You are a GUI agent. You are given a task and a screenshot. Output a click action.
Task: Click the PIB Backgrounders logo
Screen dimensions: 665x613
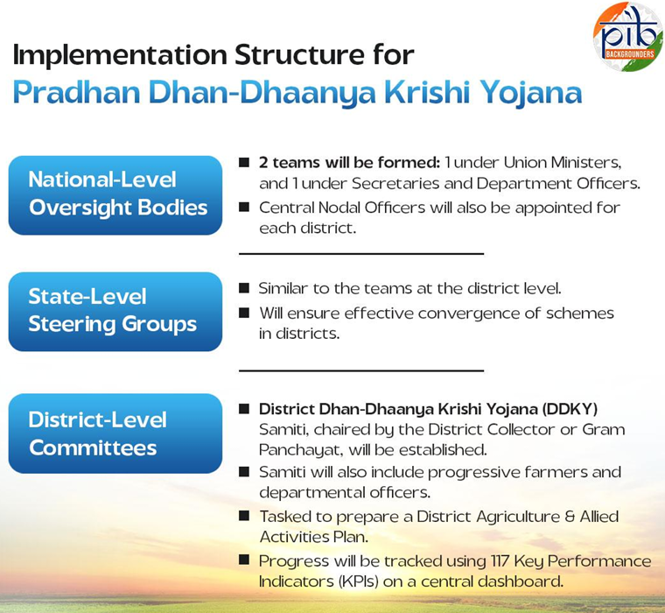point(628,37)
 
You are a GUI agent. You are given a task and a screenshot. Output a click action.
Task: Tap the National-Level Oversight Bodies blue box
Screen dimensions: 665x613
point(115,195)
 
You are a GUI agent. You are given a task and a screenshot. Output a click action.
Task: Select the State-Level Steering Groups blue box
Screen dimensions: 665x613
point(115,312)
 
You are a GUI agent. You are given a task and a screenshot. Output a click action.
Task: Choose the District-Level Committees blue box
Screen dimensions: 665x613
point(115,433)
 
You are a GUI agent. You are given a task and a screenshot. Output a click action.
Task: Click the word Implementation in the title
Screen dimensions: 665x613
point(120,55)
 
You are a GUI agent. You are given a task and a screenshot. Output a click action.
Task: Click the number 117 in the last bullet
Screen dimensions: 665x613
point(500,561)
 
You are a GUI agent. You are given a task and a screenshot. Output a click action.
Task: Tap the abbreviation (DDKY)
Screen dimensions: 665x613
point(570,409)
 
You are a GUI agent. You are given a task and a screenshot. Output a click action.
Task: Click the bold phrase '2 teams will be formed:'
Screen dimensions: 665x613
point(349,163)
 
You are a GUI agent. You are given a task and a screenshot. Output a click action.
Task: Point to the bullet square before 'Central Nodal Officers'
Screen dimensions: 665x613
point(244,207)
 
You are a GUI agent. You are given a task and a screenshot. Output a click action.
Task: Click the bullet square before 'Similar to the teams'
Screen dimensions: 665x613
point(244,288)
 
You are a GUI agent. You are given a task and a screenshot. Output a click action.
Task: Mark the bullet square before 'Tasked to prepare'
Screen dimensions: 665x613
point(244,516)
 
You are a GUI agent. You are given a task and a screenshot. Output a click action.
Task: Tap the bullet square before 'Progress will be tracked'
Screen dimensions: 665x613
point(244,559)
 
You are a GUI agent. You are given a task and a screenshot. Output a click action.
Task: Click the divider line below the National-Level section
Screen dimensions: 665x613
point(361,254)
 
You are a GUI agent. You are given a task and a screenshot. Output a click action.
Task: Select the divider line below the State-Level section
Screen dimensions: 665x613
point(361,370)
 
